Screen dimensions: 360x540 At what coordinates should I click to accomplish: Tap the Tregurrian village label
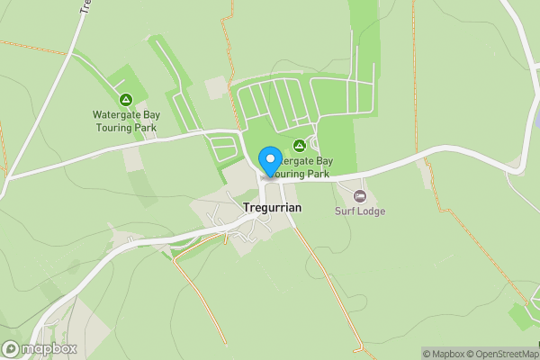pyautogui.click(x=273, y=207)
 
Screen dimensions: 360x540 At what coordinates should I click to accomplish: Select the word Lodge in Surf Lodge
pyautogui.click(x=372, y=211)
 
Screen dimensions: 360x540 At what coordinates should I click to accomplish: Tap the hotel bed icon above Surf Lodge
pyautogui.click(x=361, y=196)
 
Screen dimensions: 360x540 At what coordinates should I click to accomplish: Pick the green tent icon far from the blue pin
pyautogui.click(x=125, y=99)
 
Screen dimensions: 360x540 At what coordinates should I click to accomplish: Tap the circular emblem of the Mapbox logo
pyautogui.click(x=11, y=348)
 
